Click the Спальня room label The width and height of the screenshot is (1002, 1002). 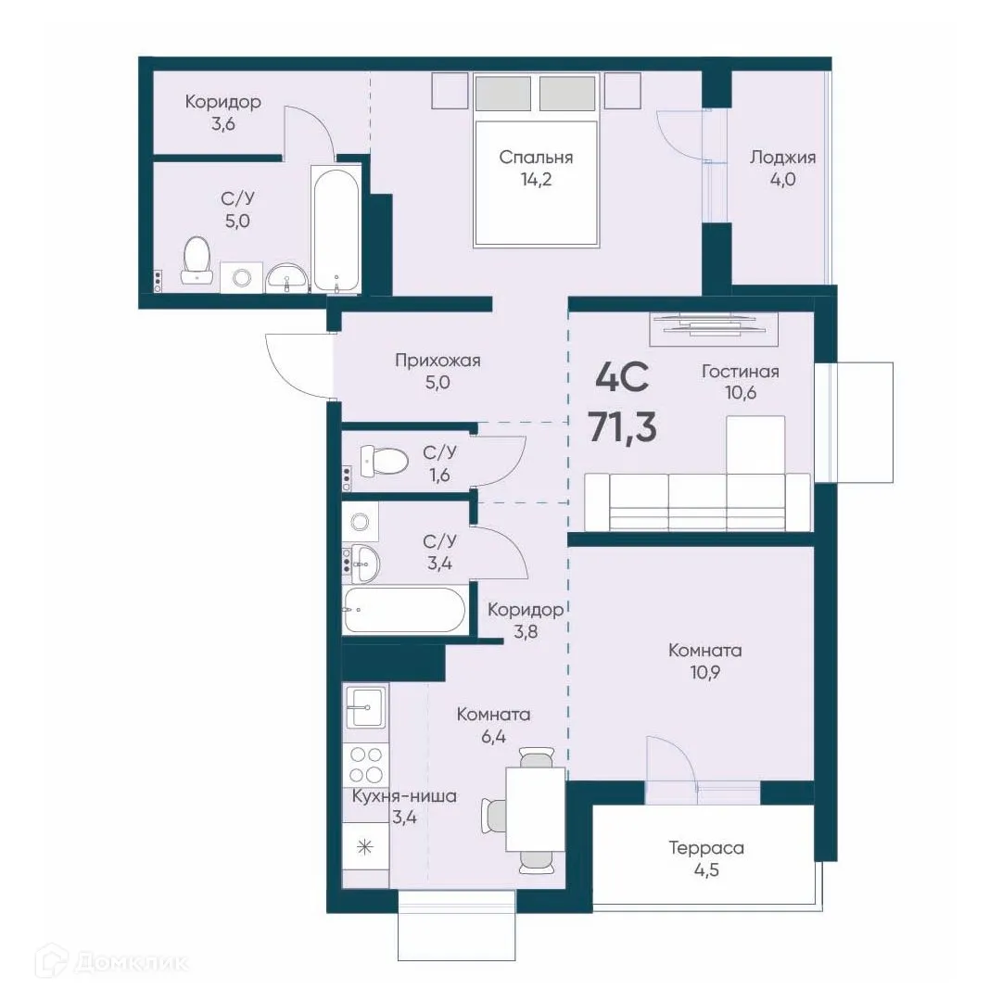tap(536, 158)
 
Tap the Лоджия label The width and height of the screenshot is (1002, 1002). tap(782, 158)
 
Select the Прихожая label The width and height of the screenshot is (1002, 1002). tap(438, 361)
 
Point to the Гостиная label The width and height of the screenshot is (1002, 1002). tap(740, 372)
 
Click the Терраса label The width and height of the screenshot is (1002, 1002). tap(706, 848)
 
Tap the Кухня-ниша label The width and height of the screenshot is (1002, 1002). tap(404, 796)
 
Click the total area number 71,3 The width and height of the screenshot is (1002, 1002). tap(622, 427)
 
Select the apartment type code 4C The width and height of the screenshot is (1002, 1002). tap(622, 377)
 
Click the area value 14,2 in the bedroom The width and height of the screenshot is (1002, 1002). tap(536, 180)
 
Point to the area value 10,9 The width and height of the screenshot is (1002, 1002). tap(704, 672)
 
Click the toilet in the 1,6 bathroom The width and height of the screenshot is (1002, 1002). tap(384, 461)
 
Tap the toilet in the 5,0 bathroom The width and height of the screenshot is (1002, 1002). tap(197, 260)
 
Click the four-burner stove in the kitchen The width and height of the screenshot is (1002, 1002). tap(366, 765)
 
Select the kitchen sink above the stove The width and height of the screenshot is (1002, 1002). tap(365, 706)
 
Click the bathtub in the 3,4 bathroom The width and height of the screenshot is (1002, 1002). tap(404, 610)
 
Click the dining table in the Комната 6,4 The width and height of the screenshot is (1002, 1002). tap(536, 809)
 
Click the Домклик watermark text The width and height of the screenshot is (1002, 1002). tap(132, 962)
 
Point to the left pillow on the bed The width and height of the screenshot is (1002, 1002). tap(503, 94)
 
